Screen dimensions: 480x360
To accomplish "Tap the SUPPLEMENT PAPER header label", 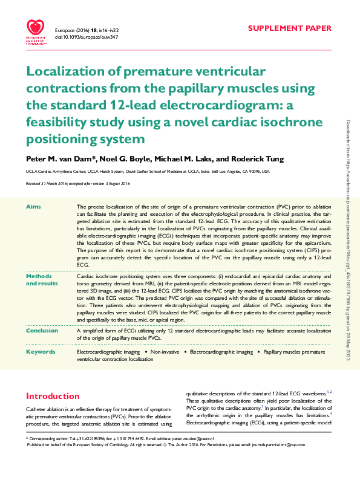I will tap(290, 28).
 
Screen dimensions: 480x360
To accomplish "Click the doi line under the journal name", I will tap(86, 37).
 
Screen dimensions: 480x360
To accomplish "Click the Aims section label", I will tap(33, 207).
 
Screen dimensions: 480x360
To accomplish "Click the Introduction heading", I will tap(53, 397).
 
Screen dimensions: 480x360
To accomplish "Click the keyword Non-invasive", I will tap(168, 351).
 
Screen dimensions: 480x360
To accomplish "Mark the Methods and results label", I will tap(40, 279).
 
